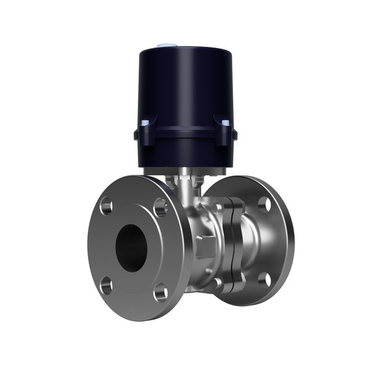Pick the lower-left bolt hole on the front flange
click(106, 284)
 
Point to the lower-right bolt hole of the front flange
click(160, 293)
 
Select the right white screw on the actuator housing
click(226, 123)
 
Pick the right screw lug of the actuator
click(225, 132)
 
